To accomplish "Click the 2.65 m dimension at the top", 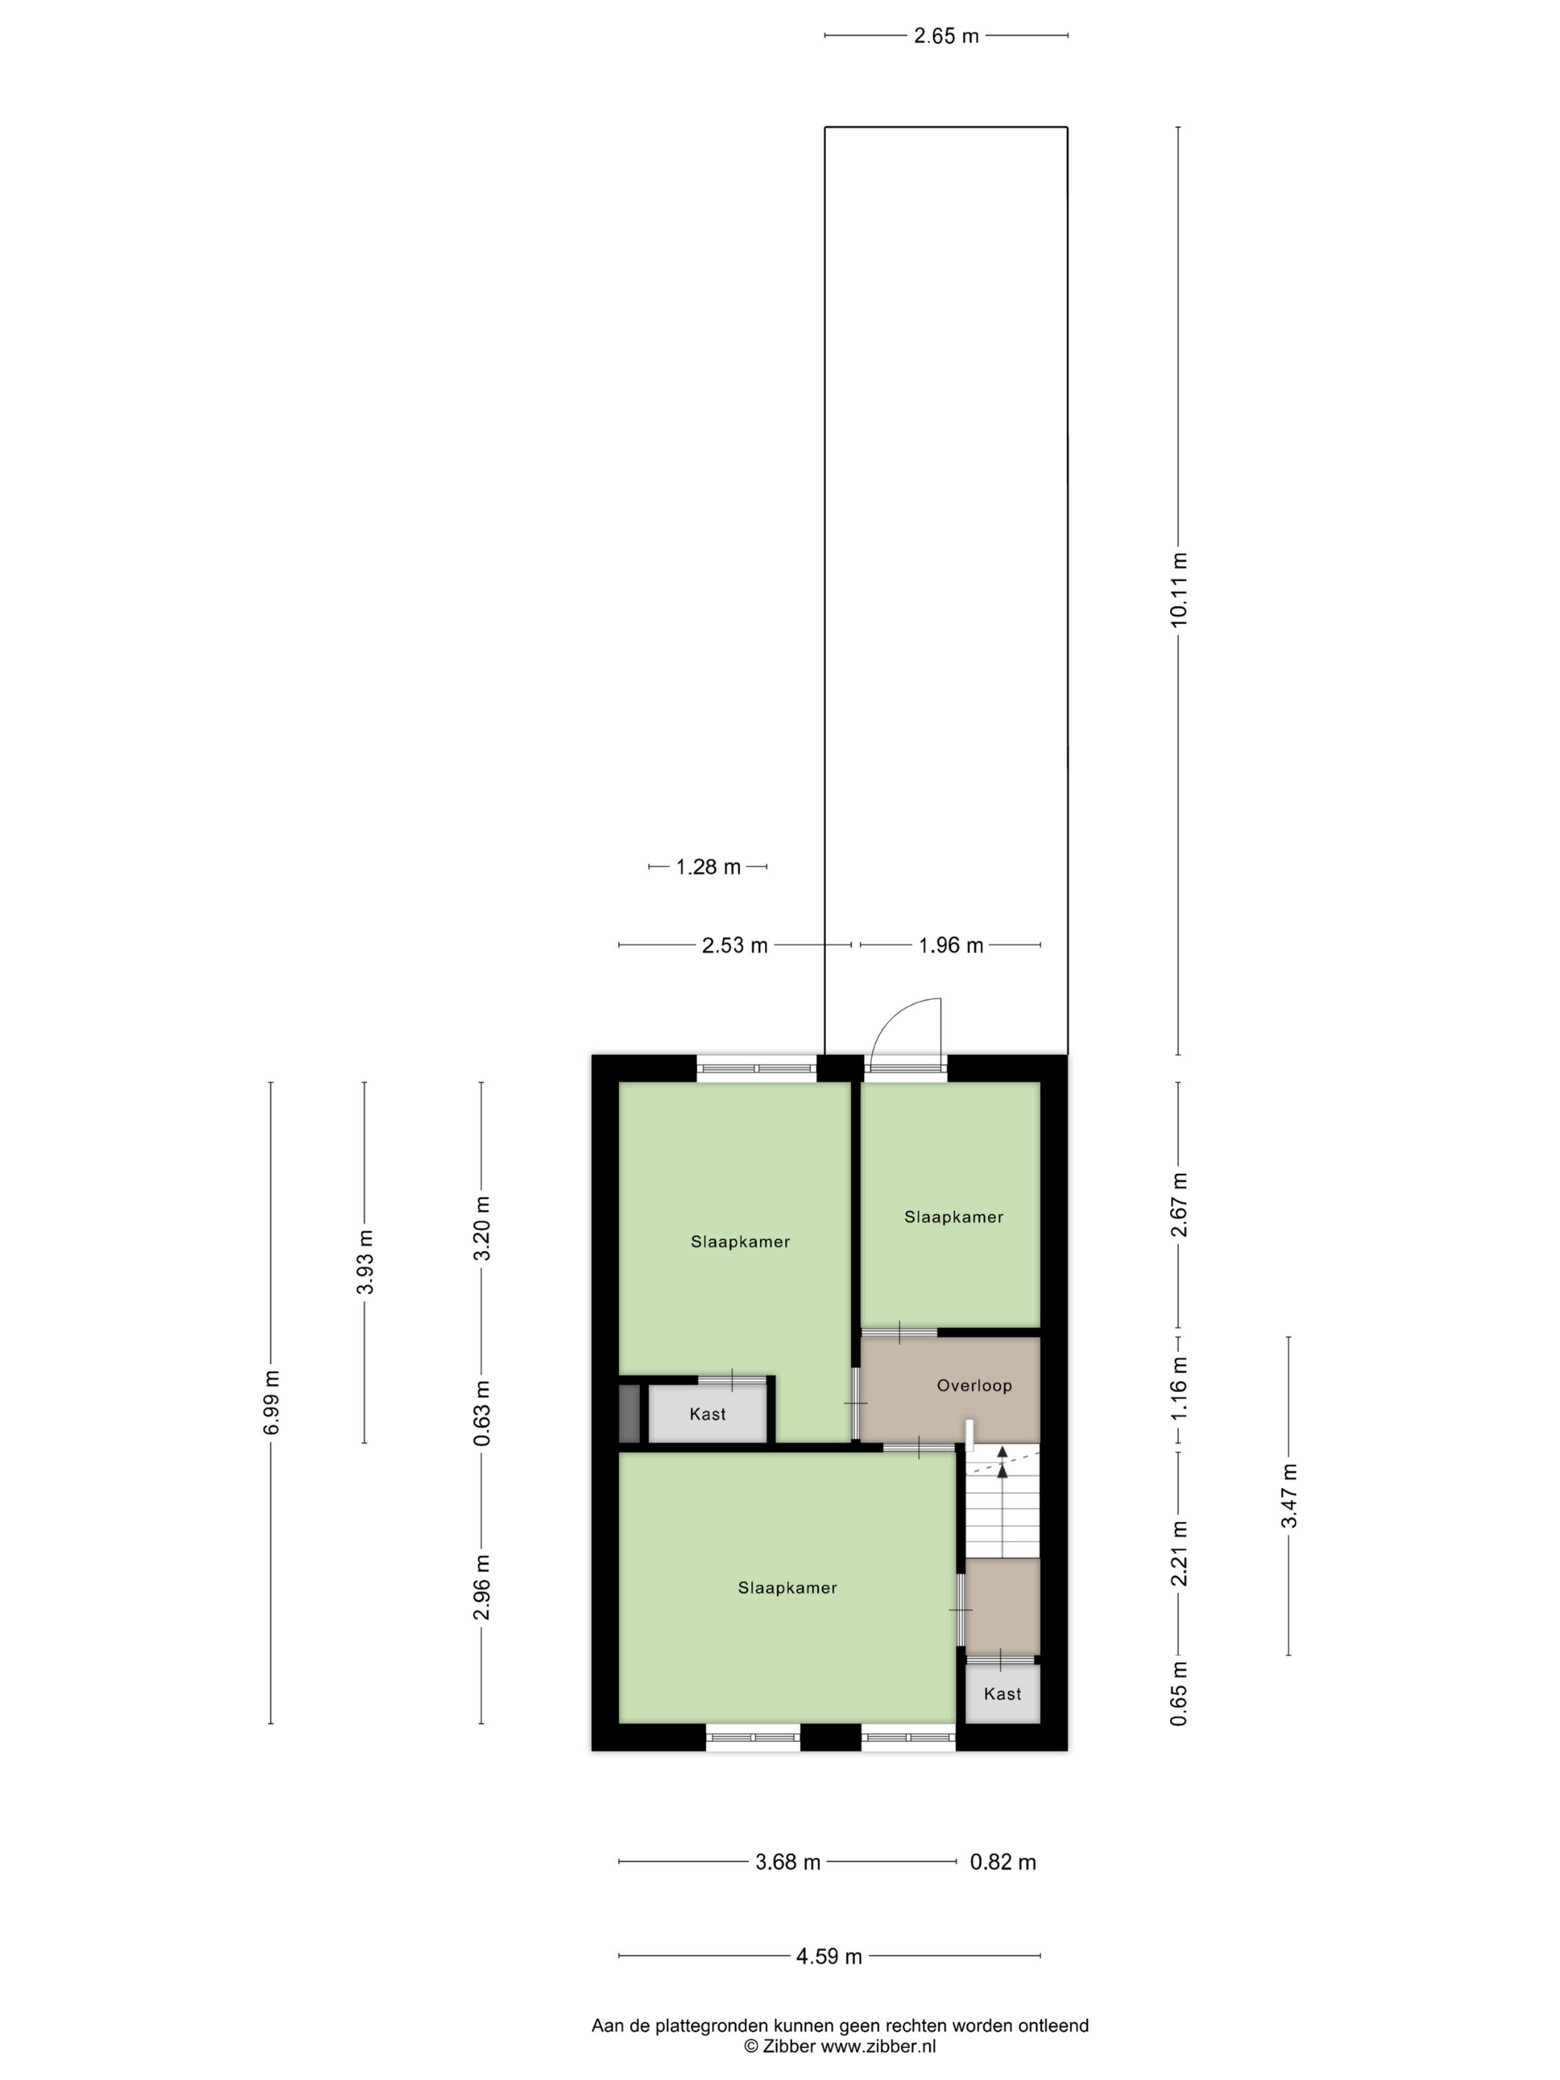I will [x=946, y=36].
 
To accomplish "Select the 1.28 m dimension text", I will [x=708, y=867].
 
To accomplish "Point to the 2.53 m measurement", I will [x=735, y=945].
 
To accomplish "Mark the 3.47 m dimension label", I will [x=1288, y=1495].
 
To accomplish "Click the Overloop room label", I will [x=974, y=1385].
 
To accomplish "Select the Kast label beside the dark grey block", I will [x=707, y=1414].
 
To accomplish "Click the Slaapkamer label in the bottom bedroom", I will [x=787, y=1588].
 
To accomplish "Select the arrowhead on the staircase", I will [x=1002, y=1468].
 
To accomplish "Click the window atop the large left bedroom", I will [x=756, y=1068].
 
